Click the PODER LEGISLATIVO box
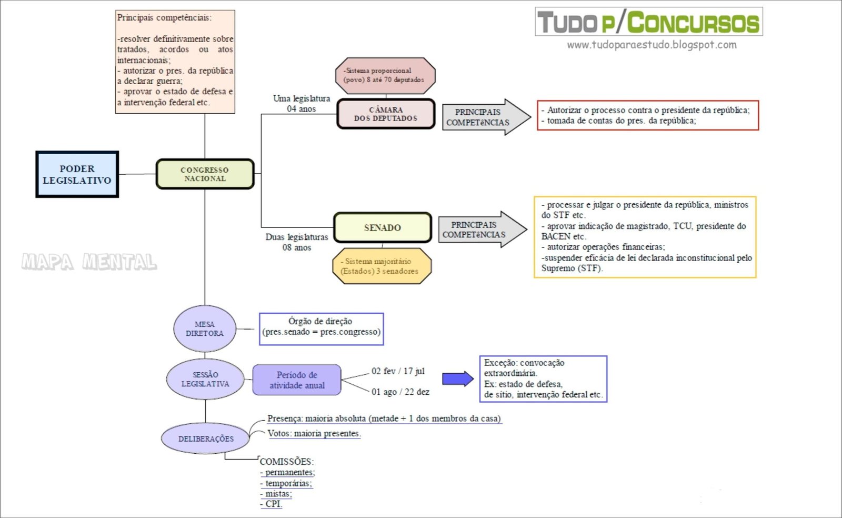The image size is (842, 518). coord(77,174)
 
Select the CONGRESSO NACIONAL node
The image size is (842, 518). coord(205,174)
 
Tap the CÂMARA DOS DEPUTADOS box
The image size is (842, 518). coord(386,114)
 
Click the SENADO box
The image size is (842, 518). coord(383,227)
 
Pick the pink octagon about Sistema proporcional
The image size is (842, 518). coord(385,76)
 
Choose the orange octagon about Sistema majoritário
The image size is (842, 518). coord(382,266)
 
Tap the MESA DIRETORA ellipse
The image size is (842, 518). coord(205,328)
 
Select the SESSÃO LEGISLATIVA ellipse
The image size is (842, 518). coord(205,379)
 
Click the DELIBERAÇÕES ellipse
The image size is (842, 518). coord(205,439)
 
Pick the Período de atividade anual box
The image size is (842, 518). coord(297,380)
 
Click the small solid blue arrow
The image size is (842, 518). coord(457,378)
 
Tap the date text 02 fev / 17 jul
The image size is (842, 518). coord(398,371)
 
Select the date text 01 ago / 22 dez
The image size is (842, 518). coord(400,392)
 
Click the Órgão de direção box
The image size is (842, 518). coord(321,329)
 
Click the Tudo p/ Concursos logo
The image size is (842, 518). coord(648,22)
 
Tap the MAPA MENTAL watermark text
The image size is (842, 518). coord(89,262)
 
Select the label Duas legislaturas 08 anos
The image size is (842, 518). coord(296,242)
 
